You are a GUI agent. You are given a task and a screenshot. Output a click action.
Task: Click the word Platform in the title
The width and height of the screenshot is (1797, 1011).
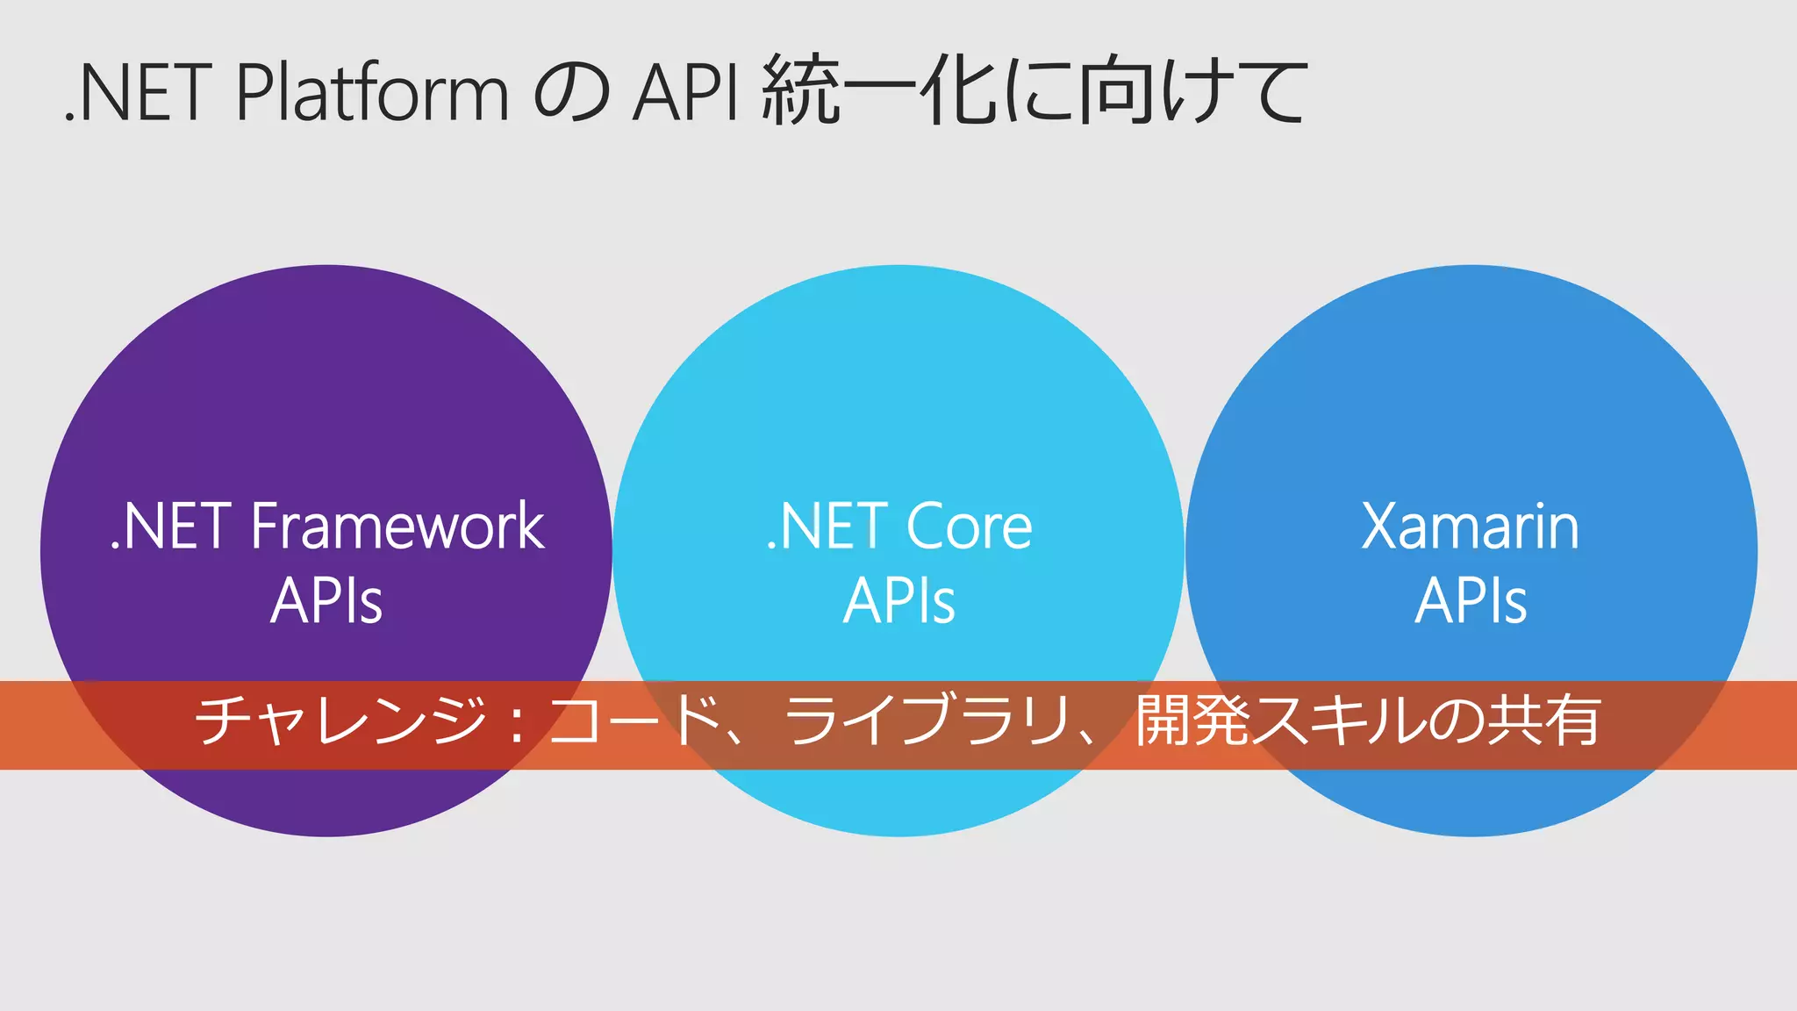tap(372, 92)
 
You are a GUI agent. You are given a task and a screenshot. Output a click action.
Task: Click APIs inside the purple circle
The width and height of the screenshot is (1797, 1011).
tap(326, 601)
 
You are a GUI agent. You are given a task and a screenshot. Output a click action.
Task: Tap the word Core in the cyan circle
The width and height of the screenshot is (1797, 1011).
tap(969, 527)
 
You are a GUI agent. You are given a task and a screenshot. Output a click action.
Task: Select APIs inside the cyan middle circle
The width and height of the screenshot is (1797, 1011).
tap(898, 601)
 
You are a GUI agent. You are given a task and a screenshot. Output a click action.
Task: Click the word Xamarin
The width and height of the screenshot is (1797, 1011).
tap(1471, 527)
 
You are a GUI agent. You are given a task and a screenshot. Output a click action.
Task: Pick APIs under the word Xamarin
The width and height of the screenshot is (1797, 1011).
tap(1471, 601)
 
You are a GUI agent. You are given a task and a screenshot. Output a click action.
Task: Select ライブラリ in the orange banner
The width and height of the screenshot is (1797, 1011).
tap(927, 721)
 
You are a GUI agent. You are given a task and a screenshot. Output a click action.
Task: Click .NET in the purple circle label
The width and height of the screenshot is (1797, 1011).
tap(172, 527)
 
